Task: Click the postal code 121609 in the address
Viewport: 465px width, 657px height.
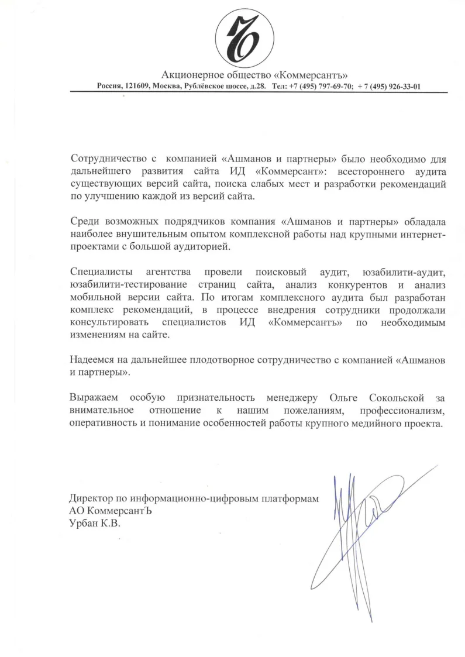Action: coord(136,86)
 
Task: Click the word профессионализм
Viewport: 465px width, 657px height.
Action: coord(402,411)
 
